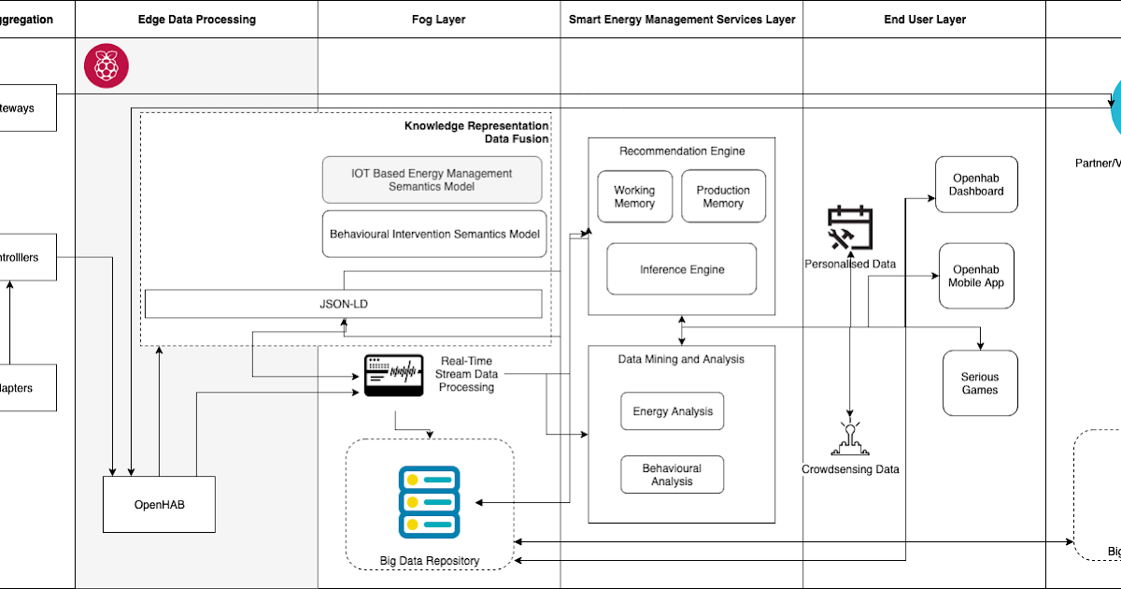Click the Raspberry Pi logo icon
click(106, 66)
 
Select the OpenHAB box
click(159, 505)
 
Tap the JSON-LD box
click(344, 304)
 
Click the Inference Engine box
click(682, 269)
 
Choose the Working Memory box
click(634, 196)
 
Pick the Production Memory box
click(723, 196)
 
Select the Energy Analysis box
click(673, 411)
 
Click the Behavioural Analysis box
click(673, 475)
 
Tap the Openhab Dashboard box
click(976, 184)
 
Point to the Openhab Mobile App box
click(976, 276)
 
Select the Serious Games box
click(980, 383)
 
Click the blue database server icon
click(429, 502)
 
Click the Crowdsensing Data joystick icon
click(850, 438)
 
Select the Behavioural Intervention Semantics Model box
click(434, 234)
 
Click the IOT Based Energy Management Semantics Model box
click(432, 180)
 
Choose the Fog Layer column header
click(438, 19)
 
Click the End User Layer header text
click(925, 19)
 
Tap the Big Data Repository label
click(430, 561)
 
